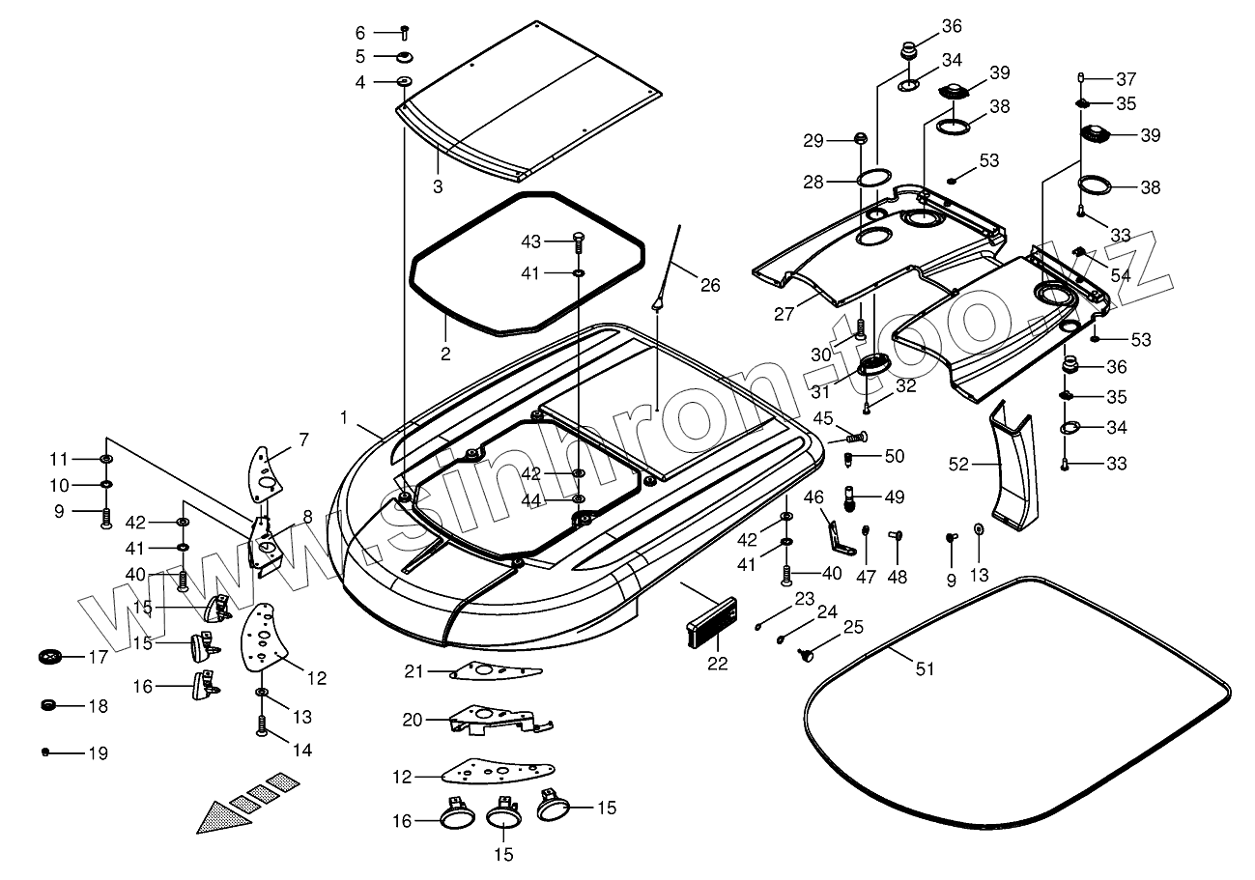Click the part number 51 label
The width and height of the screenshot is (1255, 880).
pyautogui.click(x=925, y=668)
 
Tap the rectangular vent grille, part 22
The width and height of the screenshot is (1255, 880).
pyautogui.click(x=711, y=622)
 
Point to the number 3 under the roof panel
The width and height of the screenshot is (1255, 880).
pyautogui.click(x=438, y=186)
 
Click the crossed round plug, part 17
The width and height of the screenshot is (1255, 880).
pyautogui.click(x=50, y=656)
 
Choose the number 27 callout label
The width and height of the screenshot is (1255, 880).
pyautogui.click(x=784, y=314)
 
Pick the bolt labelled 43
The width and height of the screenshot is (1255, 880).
pyautogui.click(x=579, y=244)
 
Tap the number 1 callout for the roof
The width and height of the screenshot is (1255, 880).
pyautogui.click(x=344, y=417)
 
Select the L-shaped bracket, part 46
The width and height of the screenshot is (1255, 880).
pyautogui.click(x=841, y=538)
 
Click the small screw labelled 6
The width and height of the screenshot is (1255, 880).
pyautogui.click(x=405, y=33)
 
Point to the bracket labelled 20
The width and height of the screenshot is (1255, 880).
pyautogui.click(x=500, y=720)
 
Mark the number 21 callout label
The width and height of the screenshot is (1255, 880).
pyautogui.click(x=414, y=671)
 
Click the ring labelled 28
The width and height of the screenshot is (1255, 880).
pyautogui.click(x=874, y=179)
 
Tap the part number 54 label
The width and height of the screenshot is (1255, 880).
pyautogui.click(x=1121, y=275)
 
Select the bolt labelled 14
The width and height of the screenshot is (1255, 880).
pyautogui.click(x=262, y=726)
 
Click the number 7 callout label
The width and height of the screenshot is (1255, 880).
pyautogui.click(x=303, y=440)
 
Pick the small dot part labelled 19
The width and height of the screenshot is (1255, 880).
pyautogui.click(x=46, y=752)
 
